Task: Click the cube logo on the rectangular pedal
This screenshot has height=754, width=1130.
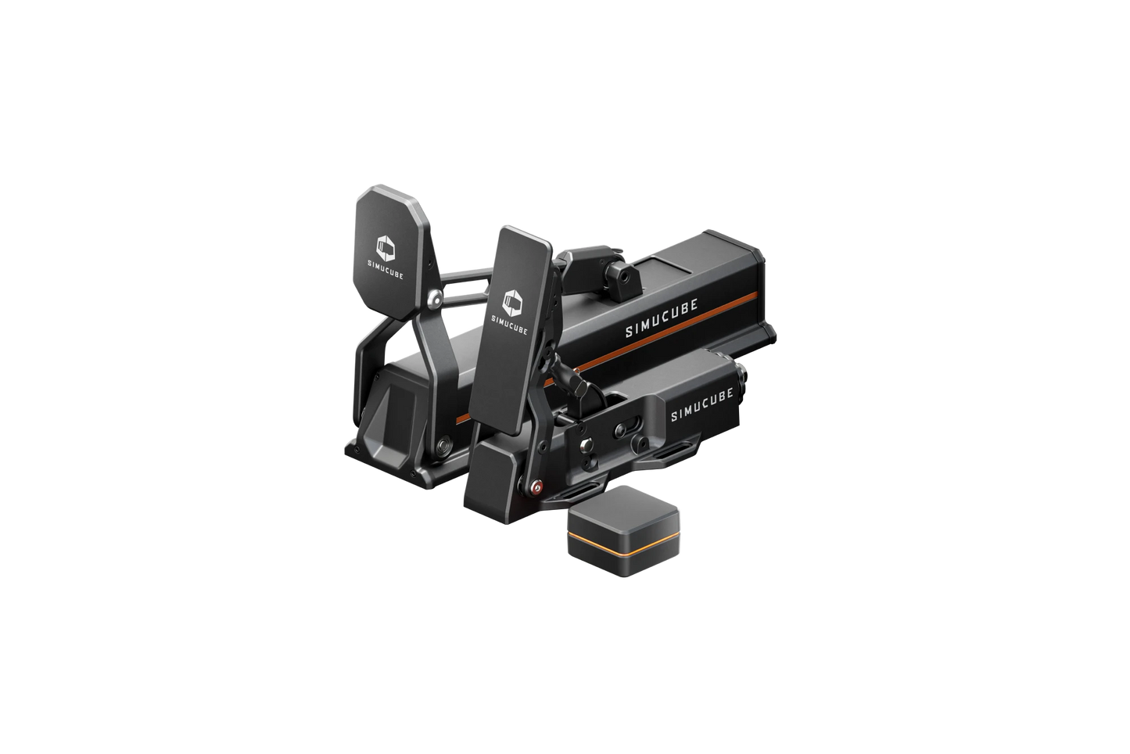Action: [511, 300]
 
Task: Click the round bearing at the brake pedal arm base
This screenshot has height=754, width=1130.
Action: [443, 446]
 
